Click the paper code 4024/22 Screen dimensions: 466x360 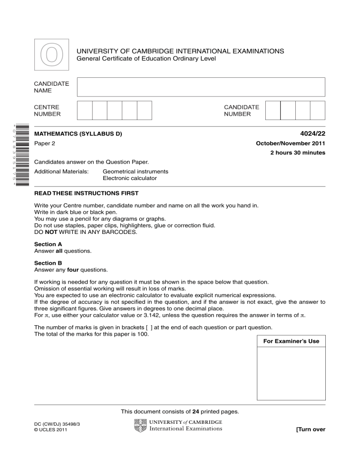coord(312,134)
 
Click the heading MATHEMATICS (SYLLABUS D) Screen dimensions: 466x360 coord(78,134)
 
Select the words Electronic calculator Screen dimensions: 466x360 coord(129,178)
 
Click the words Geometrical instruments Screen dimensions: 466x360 coord(135,172)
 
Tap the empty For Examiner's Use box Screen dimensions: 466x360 coord(291,372)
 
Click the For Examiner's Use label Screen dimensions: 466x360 coord(291,341)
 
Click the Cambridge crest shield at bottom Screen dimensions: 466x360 coord(140,426)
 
